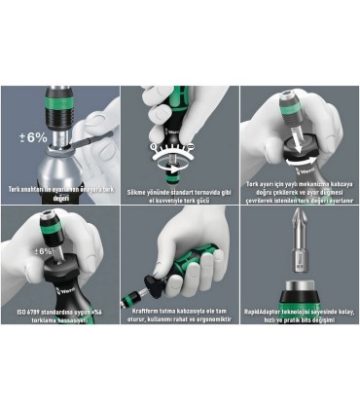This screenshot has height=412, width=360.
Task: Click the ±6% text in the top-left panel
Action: tap(35, 137)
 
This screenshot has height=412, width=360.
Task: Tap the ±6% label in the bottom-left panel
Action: tap(46, 252)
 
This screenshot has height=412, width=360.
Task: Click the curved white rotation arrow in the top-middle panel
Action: tap(180, 168)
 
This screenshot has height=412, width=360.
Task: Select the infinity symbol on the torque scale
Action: tap(159, 145)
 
